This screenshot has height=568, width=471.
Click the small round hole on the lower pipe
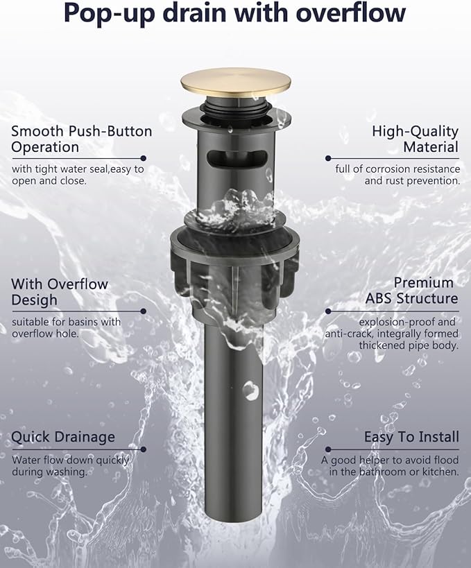(x=250, y=390)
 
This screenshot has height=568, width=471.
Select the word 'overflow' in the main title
(x=351, y=13)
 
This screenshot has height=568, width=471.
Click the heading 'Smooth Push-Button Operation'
(x=82, y=139)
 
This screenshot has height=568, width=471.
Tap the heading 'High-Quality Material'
(x=416, y=139)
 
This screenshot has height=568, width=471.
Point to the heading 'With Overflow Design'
(x=60, y=292)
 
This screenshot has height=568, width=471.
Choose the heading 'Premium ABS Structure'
(x=411, y=291)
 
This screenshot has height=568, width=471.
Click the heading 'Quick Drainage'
(x=63, y=437)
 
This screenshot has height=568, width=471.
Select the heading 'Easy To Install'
(x=411, y=436)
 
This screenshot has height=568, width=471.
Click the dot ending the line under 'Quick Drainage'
(x=144, y=449)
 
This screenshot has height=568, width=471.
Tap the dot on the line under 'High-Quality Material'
(x=328, y=158)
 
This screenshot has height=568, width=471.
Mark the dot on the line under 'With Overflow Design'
(x=144, y=311)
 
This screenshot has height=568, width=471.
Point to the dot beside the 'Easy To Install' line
(x=328, y=449)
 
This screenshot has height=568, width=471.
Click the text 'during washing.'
(x=50, y=472)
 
